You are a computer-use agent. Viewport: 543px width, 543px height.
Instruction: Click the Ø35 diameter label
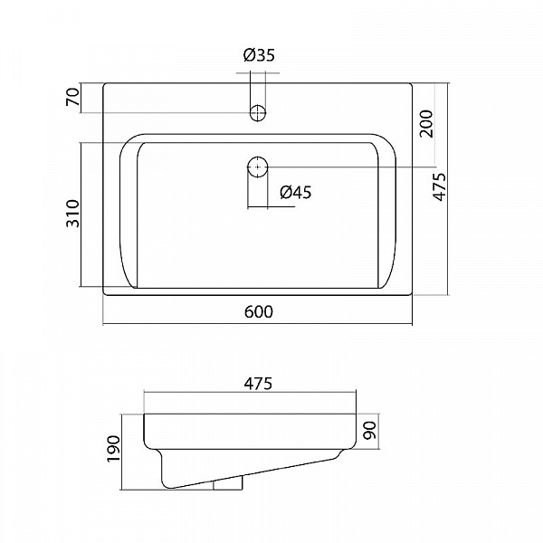tap(259, 55)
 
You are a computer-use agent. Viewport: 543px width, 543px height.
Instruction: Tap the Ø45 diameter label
tap(296, 192)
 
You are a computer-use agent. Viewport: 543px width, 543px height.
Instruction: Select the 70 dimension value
tap(73, 97)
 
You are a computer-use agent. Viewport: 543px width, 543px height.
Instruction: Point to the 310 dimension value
tap(73, 214)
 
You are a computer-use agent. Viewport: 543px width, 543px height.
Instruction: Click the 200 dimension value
tap(426, 124)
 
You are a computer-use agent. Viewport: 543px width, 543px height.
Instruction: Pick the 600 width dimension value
tap(259, 311)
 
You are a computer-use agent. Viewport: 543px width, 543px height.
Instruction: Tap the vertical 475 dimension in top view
tap(440, 186)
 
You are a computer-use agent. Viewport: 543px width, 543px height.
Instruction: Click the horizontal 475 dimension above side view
tap(258, 384)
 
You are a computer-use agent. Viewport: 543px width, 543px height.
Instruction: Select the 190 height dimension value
tap(113, 449)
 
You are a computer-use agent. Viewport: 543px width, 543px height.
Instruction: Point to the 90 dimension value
tap(370, 430)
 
